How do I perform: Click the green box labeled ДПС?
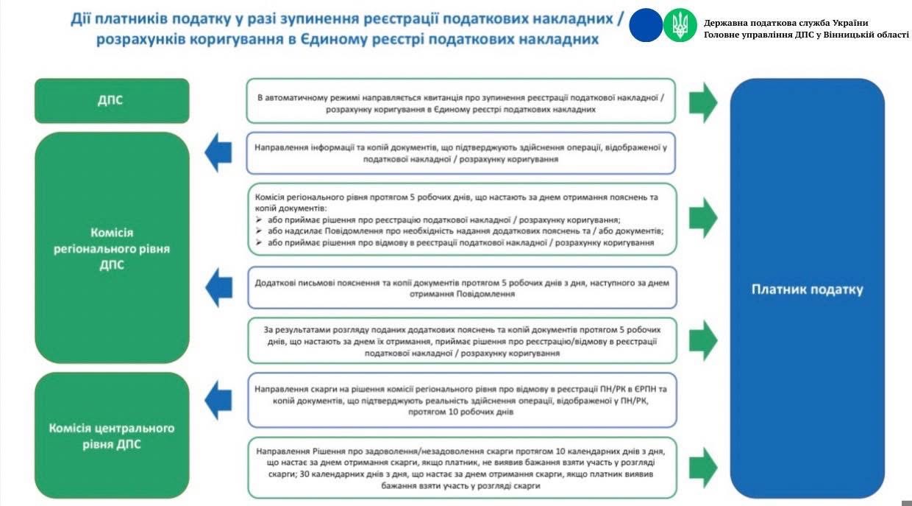click(x=112, y=101)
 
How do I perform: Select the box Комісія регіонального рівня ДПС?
click(x=112, y=248)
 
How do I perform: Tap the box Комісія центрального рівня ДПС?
click(x=112, y=435)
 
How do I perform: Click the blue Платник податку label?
click(x=807, y=289)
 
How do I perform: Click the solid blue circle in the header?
click(x=646, y=25)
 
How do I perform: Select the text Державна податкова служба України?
click(x=785, y=22)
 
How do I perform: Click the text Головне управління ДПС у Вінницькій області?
click(x=806, y=35)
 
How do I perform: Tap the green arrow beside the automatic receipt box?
click(x=703, y=102)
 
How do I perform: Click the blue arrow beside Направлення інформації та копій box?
click(x=218, y=153)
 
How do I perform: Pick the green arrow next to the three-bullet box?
click(x=703, y=217)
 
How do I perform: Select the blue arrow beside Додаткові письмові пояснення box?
click(x=218, y=287)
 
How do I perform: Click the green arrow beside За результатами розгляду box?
click(x=703, y=340)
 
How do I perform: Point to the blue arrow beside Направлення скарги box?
click(x=218, y=400)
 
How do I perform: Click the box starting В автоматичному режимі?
click(x=461, y=101)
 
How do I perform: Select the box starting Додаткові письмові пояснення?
click(x=461, y=287)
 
